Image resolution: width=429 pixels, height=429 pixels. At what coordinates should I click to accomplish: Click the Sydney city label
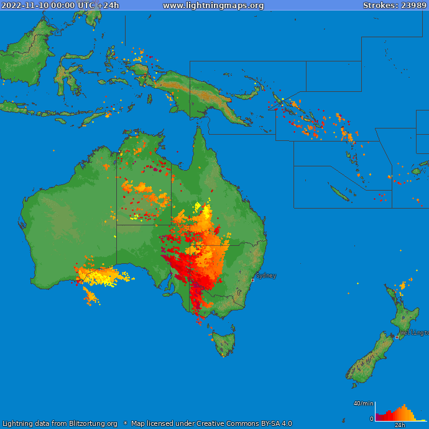click(266, 276)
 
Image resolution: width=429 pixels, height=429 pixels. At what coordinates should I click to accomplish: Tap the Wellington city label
click(414, 333)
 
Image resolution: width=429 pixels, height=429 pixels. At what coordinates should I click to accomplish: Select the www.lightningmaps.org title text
click(213, 6)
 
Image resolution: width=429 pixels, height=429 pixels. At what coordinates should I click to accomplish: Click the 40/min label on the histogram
click(363, 404)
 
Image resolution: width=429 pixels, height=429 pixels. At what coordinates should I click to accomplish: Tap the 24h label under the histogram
click(400, 425)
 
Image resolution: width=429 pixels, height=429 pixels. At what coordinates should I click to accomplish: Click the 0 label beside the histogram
click(372, 419)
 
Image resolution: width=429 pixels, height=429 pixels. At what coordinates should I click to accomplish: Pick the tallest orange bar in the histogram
click(405, 413)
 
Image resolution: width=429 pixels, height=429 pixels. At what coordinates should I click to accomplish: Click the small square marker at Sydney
click(252, 280)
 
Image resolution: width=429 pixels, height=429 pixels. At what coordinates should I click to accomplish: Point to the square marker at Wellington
click(397, 337)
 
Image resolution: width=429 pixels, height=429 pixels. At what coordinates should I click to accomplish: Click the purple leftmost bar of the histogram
click(377, 418)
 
